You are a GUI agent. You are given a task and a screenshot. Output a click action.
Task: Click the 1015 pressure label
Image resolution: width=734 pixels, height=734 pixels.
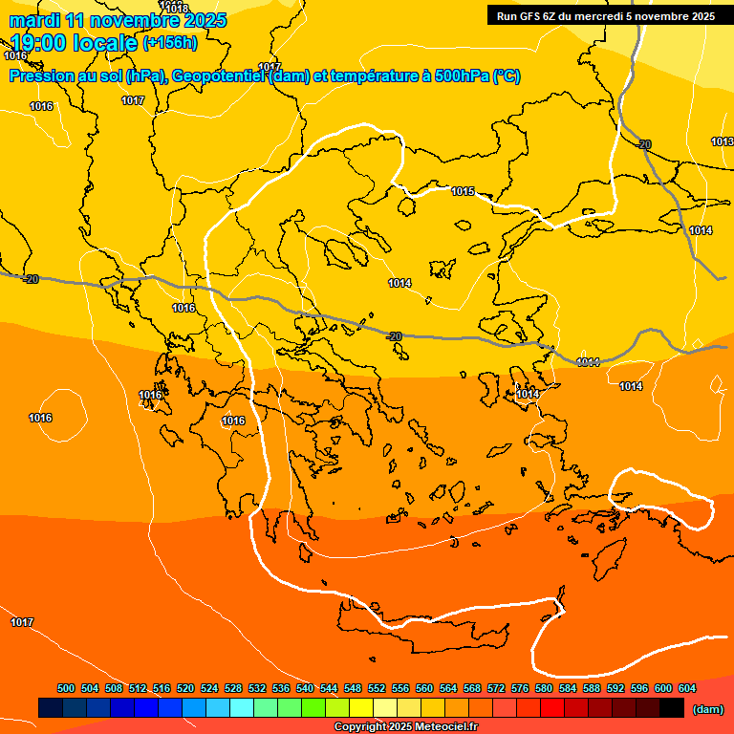463,192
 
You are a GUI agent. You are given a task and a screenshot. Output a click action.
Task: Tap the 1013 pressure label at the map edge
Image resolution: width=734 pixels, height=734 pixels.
722,141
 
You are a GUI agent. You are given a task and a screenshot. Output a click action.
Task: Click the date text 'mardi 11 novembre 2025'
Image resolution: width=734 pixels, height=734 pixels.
118,20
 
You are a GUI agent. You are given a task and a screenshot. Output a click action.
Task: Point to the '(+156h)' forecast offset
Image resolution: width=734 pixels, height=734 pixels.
170,43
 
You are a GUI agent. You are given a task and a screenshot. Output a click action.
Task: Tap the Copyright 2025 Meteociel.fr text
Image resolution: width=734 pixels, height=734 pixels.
404,726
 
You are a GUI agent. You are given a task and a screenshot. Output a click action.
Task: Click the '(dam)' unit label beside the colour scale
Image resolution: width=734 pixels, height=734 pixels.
706,709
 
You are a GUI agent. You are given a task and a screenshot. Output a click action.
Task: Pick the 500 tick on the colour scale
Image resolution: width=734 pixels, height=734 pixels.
66,688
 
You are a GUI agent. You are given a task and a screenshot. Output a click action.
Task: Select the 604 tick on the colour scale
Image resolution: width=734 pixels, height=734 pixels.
686,688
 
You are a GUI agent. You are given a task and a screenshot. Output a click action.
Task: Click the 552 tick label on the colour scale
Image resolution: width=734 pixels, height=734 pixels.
377,688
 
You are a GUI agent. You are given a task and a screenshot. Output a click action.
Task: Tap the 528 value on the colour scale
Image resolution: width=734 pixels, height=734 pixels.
233,688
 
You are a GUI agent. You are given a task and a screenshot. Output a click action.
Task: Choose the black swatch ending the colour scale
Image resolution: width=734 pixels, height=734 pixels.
672,708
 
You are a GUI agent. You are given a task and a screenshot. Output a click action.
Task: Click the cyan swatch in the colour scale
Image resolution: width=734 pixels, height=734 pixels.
242,708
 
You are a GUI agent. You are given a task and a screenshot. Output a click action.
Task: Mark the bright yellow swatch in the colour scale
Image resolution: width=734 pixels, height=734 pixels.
361,708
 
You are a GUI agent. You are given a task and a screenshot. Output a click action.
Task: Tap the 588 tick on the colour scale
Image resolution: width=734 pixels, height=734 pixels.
592,688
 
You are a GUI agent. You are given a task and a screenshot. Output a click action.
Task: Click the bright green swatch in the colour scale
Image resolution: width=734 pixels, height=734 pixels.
313,708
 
